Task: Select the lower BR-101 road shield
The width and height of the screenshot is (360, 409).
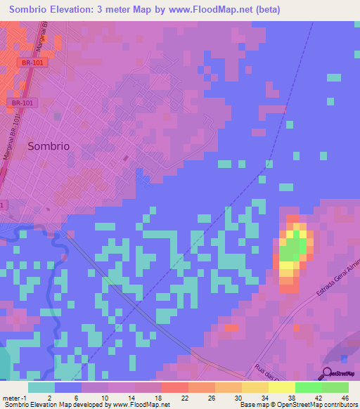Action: (22, 103)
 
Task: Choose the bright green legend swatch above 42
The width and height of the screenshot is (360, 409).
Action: (308, 387)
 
